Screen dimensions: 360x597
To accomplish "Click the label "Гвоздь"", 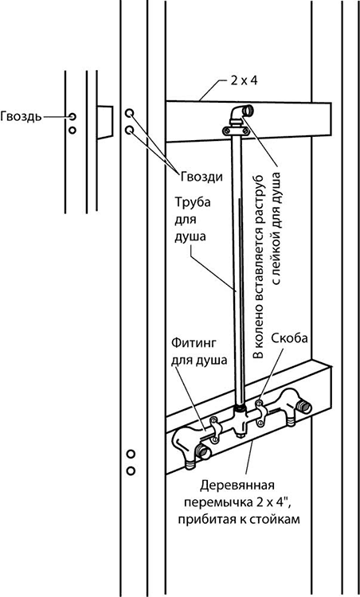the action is pos(21,116).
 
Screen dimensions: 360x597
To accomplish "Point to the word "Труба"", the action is pos(193,202).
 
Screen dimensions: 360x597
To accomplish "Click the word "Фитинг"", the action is pos(194,344).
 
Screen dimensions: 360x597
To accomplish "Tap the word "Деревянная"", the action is pos(237,486).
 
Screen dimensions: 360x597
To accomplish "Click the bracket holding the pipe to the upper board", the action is pos(237,131).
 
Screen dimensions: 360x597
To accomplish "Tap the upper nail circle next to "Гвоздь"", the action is pos(72,116).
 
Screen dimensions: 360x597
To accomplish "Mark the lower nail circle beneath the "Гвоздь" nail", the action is pos(72,131).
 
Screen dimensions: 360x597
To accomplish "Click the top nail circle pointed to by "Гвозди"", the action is pos(130,113).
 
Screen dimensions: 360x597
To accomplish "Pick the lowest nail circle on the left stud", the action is pos(131,471).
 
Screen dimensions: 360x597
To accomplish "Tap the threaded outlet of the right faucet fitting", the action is pos(305,408).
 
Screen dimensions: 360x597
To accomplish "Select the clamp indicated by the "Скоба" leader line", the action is pos(261,412).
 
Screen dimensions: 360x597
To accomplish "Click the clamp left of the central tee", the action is pos(215,429).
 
